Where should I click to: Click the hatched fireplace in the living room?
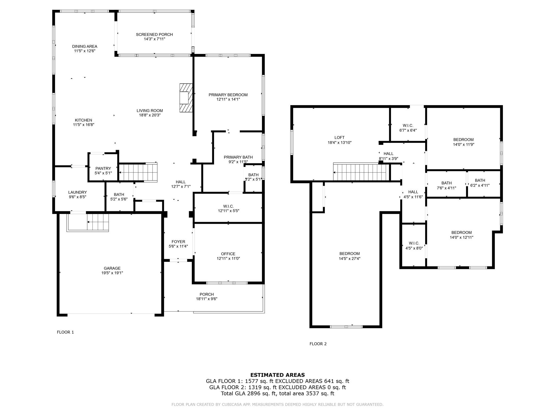(x=186, y=97)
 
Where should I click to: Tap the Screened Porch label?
(x=154, y=34)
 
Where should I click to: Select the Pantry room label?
(x=103, y=168)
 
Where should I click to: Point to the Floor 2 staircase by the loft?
(x=360, y=172)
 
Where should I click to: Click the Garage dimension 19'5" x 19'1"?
(x=112, y=273)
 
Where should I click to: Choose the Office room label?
(x=228, y=254)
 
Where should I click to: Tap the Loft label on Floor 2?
(x=339, y=138)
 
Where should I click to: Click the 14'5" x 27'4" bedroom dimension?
(x=350, y=258)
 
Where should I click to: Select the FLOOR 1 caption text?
(x=65, y=332)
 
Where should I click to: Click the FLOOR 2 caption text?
(x=318, y=344)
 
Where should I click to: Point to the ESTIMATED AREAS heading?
(x=277, y=375)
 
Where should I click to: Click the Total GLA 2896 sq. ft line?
(x=277, y=394)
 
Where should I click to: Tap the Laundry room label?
(x=78, y=192)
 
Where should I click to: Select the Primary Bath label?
(x=238, y=157)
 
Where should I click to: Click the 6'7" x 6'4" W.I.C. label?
(x=408, y=128)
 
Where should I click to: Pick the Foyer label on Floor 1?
(x=178, y=242)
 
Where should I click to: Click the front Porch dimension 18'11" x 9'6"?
(x=206, y=299)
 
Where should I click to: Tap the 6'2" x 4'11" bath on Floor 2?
(x=480, y=183)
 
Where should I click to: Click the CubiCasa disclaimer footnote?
(x=277, y=404)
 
